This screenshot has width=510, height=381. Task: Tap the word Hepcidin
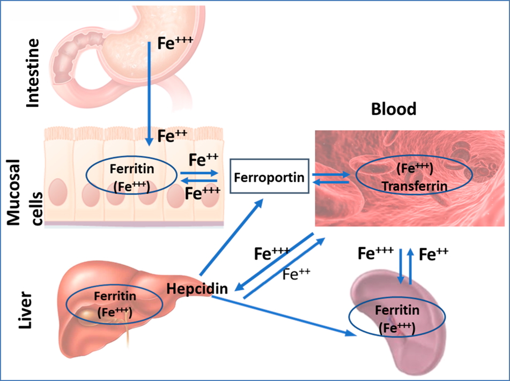197,288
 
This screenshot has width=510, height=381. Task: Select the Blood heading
394,109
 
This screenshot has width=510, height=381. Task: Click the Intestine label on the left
33,73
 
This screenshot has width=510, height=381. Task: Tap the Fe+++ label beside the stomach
174,43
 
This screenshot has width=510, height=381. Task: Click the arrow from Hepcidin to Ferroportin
231,236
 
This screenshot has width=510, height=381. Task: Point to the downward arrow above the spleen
400,266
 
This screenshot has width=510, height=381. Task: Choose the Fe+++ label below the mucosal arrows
203,193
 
